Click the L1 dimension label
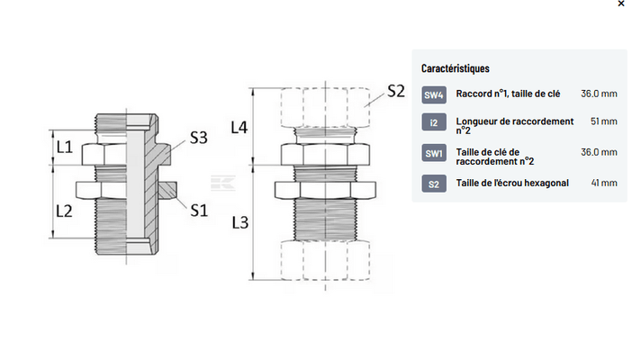(x=63, y=146)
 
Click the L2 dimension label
(x=64, y=211)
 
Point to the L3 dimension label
(x=239, y=221)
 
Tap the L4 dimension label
(x=239, y=128)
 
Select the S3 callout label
(x=198, y=139)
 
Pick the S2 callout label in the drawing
(x=397, y=90)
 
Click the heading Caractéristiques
(x=455, y=68)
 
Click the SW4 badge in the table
(x=434, y=94)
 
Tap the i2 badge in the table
(x=434, y=122)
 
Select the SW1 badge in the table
(x=434, y=154)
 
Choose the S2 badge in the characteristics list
(x=434, y=184)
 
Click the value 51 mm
(x=603, y=121)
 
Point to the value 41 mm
(x=603, y=184)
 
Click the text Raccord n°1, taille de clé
(x=508, y=94)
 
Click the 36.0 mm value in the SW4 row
(x=599, y=94)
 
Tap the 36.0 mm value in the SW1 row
(x=599, y=152)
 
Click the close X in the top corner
(x=621, y=4)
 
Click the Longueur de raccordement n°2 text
(x=514, y=126)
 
